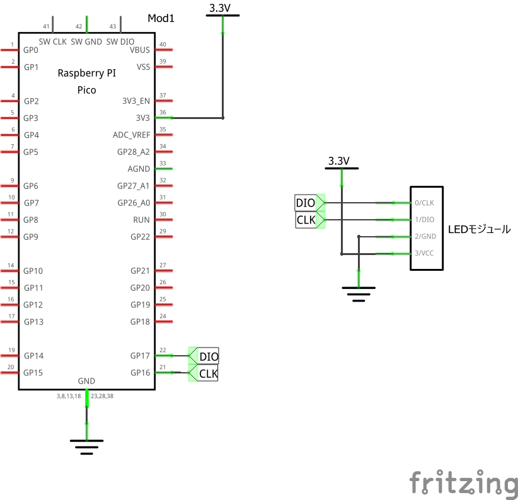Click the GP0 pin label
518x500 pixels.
coord(31,50)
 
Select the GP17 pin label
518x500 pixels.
coord(141,356)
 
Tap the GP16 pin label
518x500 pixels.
coord(141,373)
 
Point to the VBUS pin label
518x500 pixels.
coord(139,50)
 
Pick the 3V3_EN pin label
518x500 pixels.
coord(135,101)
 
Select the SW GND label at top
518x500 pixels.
coord(86,42)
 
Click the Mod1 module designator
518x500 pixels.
coord(161,18)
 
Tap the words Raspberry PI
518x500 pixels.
coord(86,73)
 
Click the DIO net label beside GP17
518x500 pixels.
coord(209,356)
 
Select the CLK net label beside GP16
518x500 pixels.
coord(208,374)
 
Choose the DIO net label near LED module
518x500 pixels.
coord(306,203)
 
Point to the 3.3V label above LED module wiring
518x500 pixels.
coord(338,161)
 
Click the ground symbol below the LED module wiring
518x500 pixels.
coord(359,293)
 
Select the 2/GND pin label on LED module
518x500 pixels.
coord(425,237)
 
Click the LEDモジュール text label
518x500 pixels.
coord(479,229)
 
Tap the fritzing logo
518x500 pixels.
coord(463,483)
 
